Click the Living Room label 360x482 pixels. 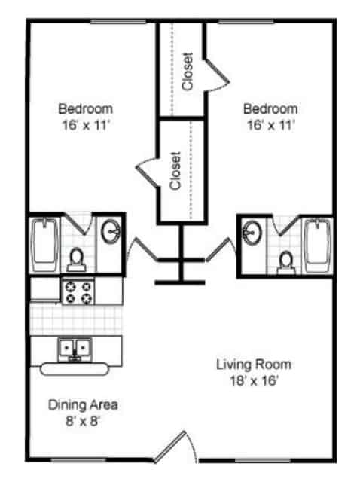[x=253, y=365]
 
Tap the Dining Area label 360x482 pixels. [x=83, y=405]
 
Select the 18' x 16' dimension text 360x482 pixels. [x=253, y=380]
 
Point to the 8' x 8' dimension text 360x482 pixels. [x=83, y=420]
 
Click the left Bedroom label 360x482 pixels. [x=86, y=108]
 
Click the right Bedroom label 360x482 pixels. [x=270, y=108]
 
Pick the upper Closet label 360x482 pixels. [x=188, y=71]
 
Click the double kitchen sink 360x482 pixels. [x=75, y=348]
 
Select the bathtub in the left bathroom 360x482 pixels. [x=45, y=246]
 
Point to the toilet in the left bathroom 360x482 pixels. [x=76, y=259]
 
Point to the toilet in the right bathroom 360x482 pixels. [x=285, y=260]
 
